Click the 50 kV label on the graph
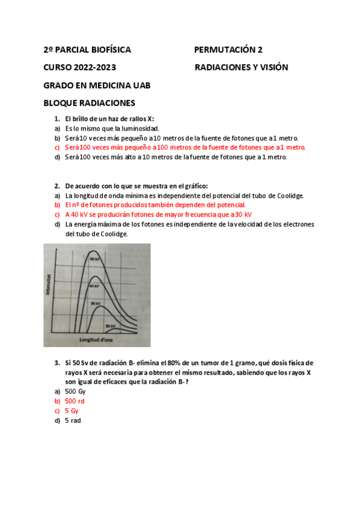pyautogui.click(x=94, y=259)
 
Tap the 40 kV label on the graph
pyautogui.click(x=94, y=286)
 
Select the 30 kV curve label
pyautogui.click(x=94, y=304)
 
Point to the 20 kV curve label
pyautogui.click(x=109, y=325)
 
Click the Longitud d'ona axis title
pyautogui.click(x=96, y=340)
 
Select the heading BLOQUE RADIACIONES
pyautogui.click(x=90, y=103)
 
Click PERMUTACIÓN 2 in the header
pyautogui.click(x=228, y=50)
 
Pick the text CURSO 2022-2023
pyautogui.click(x=80, y=67)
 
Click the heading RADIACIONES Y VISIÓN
pyautogui.click(x=242, y=67)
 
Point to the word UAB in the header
pyautogui.click(x=139, y=85)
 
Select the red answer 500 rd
pyautogui.click(x=75, y=401)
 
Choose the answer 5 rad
pyautogui.click(x=73, y=420)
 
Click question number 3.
pyautogui.click(x=57, y=363)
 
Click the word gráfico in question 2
pyautogui.click(x=192, y=186)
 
